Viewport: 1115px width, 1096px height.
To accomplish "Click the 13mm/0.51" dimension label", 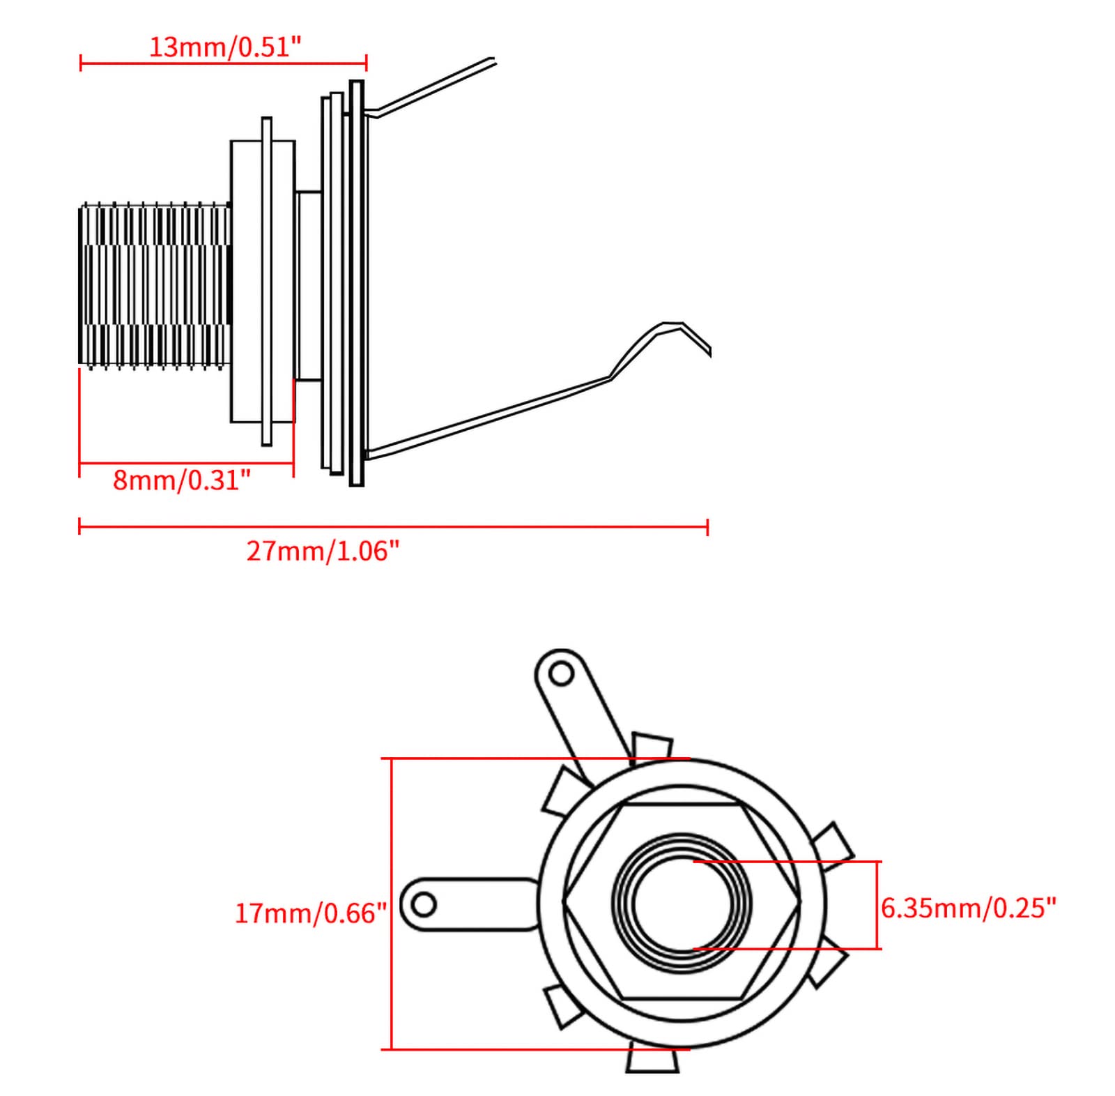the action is [x=225, y=47].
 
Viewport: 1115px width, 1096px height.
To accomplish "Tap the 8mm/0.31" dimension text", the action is [x=182, y=480].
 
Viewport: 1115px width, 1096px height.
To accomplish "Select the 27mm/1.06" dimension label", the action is [x=323, y=551].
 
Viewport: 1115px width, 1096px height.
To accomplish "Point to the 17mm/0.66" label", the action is [x=310, y=913].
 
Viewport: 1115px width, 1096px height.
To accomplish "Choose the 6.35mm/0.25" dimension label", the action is [x=969, y=908].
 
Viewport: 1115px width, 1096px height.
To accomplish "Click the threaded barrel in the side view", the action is [x=155, y=284].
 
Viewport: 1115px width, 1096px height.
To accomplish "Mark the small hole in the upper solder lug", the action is [x=560, y=673].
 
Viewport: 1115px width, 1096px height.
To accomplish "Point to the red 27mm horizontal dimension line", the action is [x=393, y=527].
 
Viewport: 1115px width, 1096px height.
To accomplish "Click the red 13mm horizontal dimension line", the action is [x=224, y=63].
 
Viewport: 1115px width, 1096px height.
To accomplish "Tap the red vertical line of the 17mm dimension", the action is [x=392, y=904].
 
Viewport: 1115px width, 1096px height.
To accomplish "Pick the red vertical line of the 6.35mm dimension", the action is [x=878, y=905].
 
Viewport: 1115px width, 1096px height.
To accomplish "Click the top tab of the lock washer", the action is [x=652, y=747].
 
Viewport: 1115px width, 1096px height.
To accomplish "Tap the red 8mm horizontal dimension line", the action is [x=186, y=463].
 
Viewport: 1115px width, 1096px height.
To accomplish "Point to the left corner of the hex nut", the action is [x=564, y=902].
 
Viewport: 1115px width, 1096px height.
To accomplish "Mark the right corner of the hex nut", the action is [x=799, y=902].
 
